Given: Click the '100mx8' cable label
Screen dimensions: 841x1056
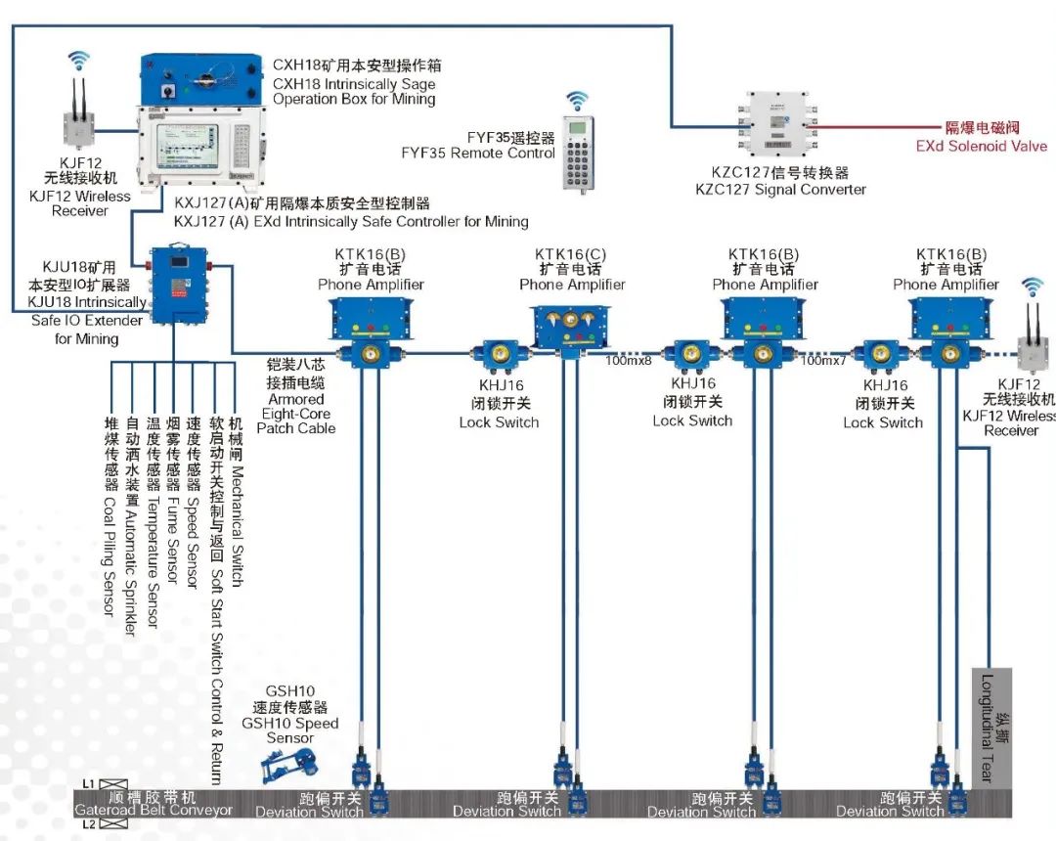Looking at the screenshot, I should tap(628, 361).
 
